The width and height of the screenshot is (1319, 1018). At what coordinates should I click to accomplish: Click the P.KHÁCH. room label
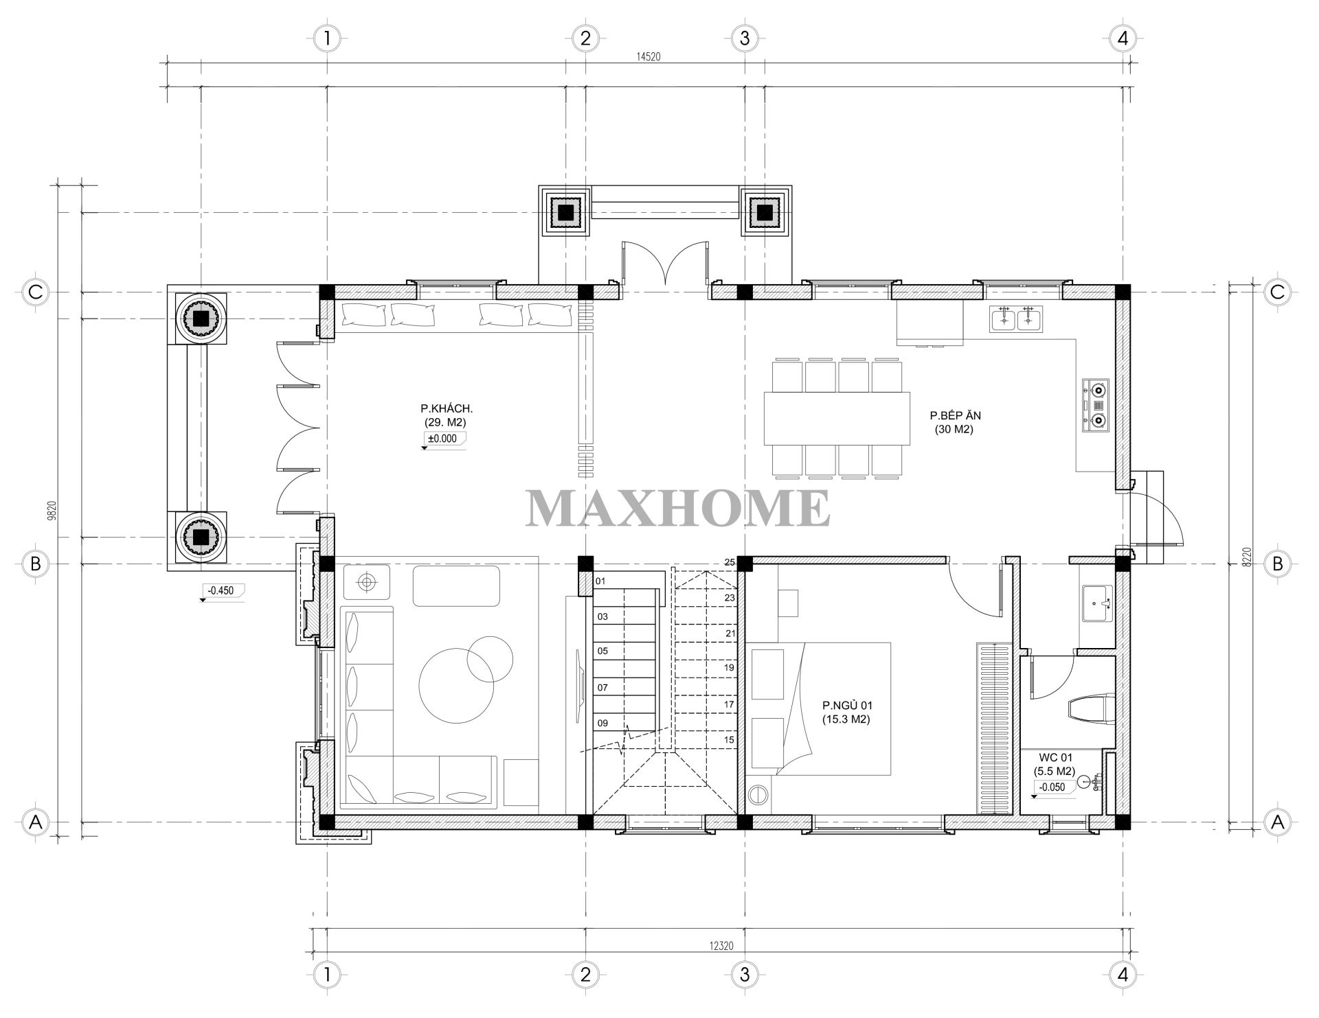click(x=442, y=408)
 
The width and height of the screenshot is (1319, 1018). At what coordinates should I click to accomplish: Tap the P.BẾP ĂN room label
click(x=955, y=415)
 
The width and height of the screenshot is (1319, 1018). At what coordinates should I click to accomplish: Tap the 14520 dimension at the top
click(x=649, y=57)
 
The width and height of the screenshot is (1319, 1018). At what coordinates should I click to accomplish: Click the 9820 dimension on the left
click(x=52, y=511)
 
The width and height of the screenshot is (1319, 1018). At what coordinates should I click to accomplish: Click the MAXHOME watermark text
click(x=678, y=509)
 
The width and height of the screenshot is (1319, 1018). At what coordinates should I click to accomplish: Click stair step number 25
click(x=730, y=562)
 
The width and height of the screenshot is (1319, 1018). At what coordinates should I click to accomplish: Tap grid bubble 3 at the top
click(x=745, y=38)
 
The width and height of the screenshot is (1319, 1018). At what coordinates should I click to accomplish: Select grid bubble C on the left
click(x=36, y=292)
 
